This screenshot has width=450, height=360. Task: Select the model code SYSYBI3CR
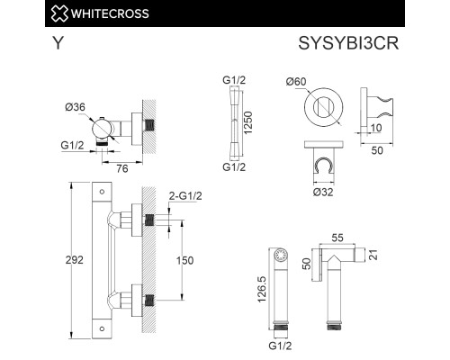point(350,43)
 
